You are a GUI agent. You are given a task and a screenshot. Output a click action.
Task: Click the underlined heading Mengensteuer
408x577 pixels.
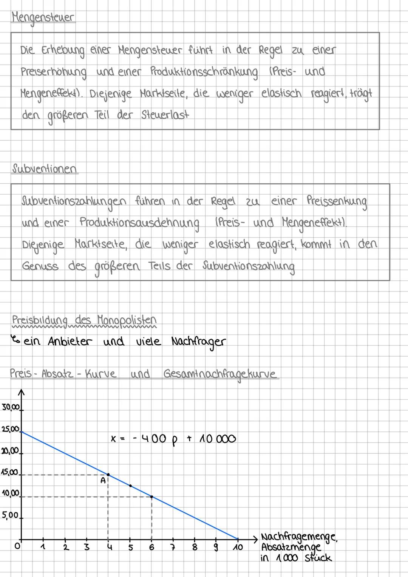43,18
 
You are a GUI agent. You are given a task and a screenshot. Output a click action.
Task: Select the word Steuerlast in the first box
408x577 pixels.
165,115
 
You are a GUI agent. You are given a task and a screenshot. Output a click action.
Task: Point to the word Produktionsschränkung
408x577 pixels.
204,72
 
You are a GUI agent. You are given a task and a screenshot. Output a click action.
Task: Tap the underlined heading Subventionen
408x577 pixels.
44,169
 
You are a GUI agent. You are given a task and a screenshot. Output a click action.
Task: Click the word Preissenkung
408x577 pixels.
336,201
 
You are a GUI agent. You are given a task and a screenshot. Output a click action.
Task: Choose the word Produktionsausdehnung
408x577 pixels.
139,223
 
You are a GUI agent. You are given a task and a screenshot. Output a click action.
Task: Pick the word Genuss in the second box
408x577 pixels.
40,266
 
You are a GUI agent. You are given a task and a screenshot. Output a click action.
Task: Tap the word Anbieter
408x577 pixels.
70,342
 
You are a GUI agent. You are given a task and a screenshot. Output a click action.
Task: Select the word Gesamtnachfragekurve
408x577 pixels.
220,374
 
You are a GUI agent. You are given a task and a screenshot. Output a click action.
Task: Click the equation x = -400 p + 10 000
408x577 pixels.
173,439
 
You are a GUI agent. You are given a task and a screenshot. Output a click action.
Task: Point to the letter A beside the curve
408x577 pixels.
102,481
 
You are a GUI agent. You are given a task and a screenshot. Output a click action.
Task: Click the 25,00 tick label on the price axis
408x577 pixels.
10,429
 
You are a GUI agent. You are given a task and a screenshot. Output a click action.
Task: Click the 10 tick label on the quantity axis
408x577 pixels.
238,548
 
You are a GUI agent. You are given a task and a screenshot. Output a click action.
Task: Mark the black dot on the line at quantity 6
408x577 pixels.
151,497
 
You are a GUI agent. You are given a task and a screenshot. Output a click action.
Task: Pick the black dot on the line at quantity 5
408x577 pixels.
130,486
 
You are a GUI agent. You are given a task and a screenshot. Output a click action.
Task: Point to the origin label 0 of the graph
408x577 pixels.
16,546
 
